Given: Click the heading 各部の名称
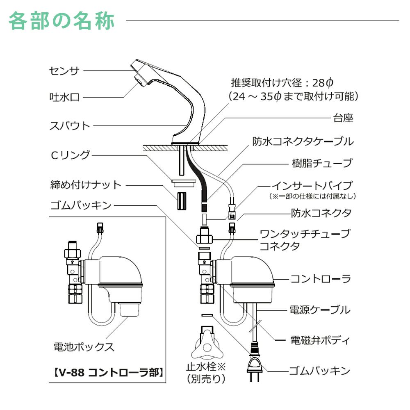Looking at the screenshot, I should click(x=61, y=22).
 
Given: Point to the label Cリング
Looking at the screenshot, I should click(x=70, y=155).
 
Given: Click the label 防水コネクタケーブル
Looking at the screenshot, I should click(x=302, y=142).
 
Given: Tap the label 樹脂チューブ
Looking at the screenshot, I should click(x=319, y=163).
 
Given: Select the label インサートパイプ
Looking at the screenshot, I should click(x=312, y=186).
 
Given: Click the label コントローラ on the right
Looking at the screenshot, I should click(x=320, y=279).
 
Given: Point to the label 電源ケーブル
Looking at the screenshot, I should click(x=320, y=310).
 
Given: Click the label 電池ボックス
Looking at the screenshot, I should click(x=84, y=346).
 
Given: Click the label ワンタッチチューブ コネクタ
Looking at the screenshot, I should click(x=305, y=240).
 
